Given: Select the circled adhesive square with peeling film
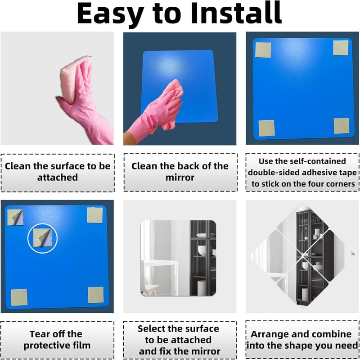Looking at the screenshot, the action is [42, 238].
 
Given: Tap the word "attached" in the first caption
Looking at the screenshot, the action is [58, 178].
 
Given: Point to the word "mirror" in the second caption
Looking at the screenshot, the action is [180, 178].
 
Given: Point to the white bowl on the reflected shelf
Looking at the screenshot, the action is [202, 251].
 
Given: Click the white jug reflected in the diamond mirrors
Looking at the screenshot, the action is [317, 233].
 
